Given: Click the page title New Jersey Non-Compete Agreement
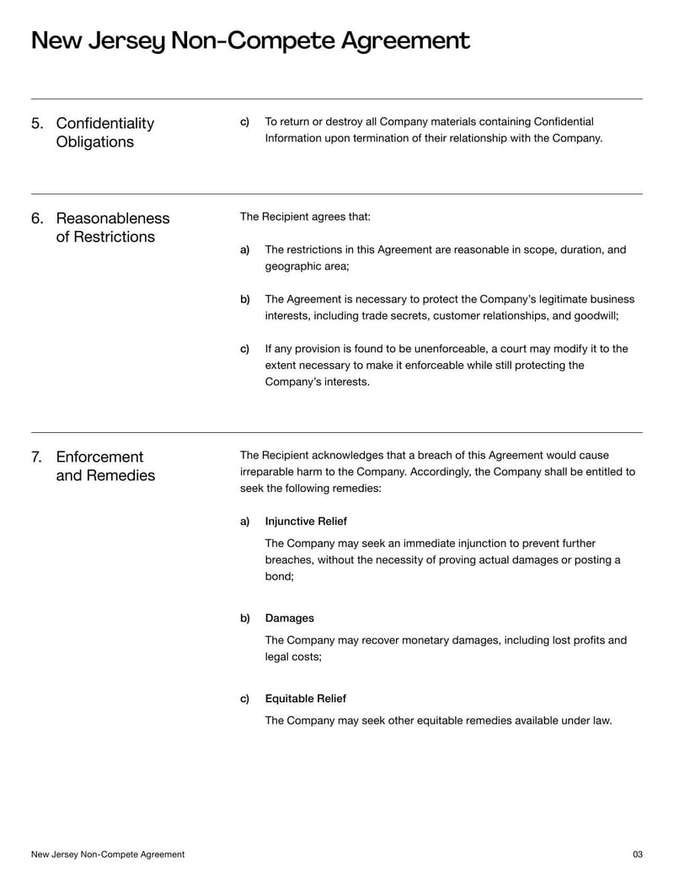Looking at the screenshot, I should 250,40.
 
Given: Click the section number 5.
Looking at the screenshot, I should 37,124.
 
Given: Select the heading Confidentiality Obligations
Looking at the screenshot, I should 104,132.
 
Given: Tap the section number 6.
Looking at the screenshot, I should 37,219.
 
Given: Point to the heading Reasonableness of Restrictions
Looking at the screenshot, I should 112,227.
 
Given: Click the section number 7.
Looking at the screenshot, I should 37,457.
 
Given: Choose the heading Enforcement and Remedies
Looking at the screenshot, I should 104,466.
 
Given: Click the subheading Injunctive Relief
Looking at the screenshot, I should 306,522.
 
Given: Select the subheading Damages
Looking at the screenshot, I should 289,618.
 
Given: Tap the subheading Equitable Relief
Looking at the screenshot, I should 305,698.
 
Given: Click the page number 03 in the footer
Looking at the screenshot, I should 637,854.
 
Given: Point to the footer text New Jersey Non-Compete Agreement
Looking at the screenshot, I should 108,854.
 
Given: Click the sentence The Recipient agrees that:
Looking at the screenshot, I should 305,217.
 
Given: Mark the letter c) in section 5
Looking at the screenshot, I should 244,122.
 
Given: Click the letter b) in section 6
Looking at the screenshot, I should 244,299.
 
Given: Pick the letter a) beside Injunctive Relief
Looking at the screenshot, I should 244,522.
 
